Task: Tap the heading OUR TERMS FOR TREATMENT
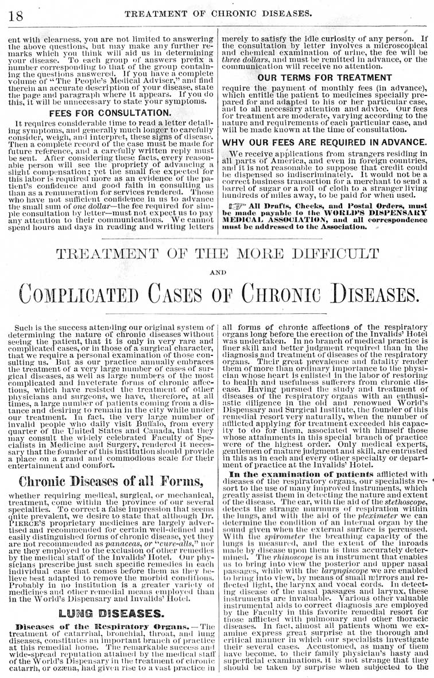pos(324,77)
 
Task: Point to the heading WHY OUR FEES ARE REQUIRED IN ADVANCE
pos(324,141)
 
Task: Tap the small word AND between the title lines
pos(218,273)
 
